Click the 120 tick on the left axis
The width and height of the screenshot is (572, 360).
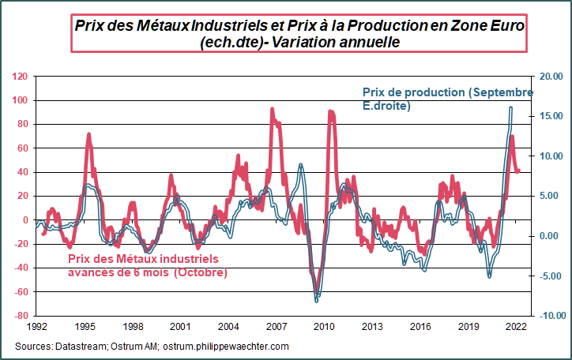click(x=20, y=77)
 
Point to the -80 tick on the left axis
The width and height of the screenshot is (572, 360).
click(x=19, y=316)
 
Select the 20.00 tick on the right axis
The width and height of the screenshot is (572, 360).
click(x=549, y=77)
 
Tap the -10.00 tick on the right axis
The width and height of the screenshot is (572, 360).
click(x=548, y=316)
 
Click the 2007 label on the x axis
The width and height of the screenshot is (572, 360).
click(x=277, y=325)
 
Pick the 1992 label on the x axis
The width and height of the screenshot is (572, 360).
click(x=37, y=325)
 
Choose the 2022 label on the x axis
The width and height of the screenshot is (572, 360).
click(x=516, y=325)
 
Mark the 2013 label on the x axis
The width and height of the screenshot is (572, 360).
click(x=372, y=325)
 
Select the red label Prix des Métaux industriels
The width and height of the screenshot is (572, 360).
click(x=143, y=258)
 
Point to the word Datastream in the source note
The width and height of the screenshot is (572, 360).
click(x=78, y=347)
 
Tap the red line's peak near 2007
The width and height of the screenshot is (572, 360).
click(x=272, y=109)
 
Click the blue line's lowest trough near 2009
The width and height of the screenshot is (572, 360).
click(x=317, y=301)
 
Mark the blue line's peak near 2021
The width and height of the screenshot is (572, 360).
click(x=511, y=107)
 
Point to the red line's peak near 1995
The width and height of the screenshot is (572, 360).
click(x=88, y=134)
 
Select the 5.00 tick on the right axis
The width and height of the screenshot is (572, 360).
click(x=549, y=196)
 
